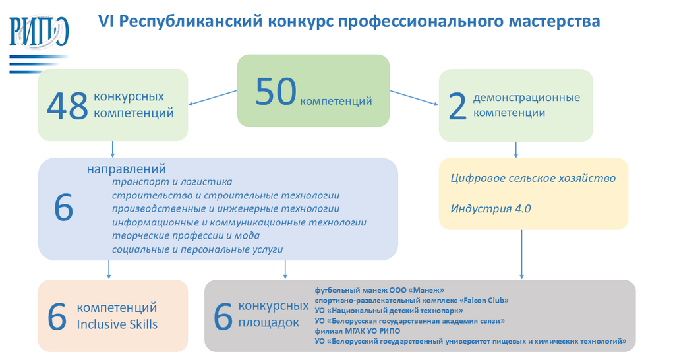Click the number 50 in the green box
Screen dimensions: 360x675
tap(276, 92)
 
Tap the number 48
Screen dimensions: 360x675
tap(68, 106)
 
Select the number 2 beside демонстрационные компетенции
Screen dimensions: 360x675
tap(457, 107)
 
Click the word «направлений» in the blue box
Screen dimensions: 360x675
tap(126, 169)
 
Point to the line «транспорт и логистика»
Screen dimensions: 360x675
tap(172, 181)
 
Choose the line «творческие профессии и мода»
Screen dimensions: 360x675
tap(185, 235)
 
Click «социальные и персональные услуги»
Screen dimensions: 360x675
tap(197, 249)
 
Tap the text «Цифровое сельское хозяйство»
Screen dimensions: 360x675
tap(533, 178)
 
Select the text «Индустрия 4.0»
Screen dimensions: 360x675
tap(490, 208)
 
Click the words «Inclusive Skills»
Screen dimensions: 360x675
tap(117, 324)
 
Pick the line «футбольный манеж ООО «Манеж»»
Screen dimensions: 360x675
tap(379, 289)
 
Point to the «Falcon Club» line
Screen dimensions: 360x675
tap(411, 300)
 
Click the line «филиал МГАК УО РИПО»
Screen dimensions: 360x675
tap(357, 331)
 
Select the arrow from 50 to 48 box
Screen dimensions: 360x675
tap(212, 96)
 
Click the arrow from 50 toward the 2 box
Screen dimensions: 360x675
tap(414, 96)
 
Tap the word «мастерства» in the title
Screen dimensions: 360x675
tap(555, 21)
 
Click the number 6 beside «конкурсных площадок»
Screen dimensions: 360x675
tap(223, 317)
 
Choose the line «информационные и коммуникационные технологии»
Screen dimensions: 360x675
tap(239, 222)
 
